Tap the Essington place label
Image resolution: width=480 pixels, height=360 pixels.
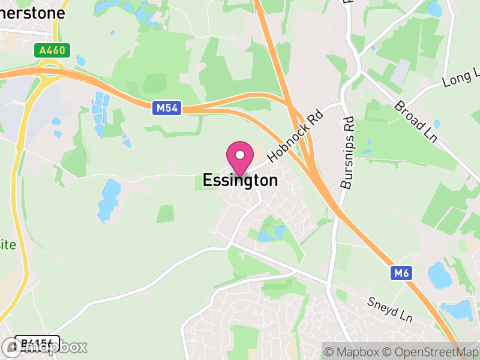click(240, 180)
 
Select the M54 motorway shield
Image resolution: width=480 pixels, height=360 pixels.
click(166, 108)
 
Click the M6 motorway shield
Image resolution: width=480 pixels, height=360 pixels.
click(402, 274)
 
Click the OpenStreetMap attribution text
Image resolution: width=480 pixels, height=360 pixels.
click(432, 351)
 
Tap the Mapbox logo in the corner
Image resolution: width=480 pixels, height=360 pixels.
click(45, 347)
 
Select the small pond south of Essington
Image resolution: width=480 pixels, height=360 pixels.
click(268, 235)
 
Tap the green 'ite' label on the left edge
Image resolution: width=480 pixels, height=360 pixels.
click(8, 245)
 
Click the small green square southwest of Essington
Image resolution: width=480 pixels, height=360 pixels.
click(166, 214)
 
